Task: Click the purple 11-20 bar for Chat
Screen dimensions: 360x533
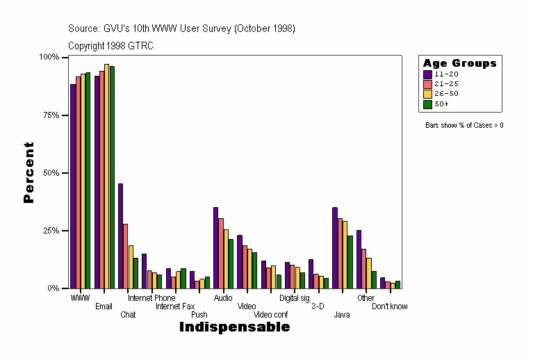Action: click(120, 236)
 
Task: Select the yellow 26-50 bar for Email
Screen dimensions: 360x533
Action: click(106, 177)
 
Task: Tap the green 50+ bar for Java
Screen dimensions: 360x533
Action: click(350, 262)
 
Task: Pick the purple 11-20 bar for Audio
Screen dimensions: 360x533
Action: click(215, 247)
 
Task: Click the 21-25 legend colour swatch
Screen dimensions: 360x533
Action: click(428, 84)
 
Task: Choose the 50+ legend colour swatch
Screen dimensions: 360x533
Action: click(428, 104)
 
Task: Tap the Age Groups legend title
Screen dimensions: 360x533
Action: click(460, 63)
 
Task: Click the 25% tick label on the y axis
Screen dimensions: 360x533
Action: click(50, 231)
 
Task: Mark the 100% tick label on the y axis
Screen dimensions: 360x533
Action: click(49, 57)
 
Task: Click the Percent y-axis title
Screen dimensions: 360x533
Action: click(28, 172)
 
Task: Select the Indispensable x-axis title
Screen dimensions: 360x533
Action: click(234, 327)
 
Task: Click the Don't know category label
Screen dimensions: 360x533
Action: click(390, 306)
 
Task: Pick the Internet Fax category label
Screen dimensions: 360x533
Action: click(175, 306)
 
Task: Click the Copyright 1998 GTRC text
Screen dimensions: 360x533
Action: click(110, 46)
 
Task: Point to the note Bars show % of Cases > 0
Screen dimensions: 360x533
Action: click(464, 126)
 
